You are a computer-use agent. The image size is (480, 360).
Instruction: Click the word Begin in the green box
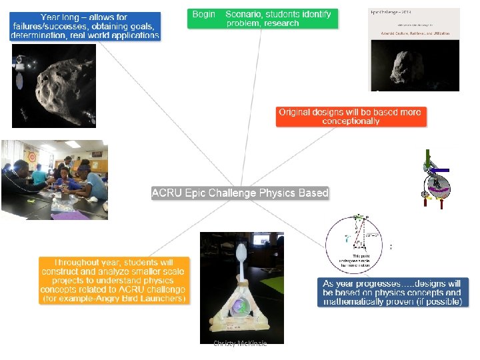point(203,14)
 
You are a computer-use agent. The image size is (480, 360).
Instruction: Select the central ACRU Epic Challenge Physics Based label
point(240,193)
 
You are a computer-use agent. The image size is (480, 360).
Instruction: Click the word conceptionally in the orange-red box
point(351,121)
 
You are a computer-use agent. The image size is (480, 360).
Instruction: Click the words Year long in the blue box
point(63,17)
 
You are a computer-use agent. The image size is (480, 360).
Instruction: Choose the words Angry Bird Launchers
point(140,299)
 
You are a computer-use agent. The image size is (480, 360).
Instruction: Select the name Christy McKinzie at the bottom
point(240,343)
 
